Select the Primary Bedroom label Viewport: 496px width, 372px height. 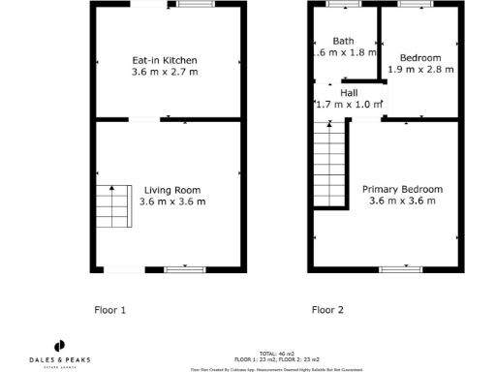pyautogui.click(x=402, y=189)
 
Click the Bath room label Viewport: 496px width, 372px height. pyautogui.click(x=343, y=41)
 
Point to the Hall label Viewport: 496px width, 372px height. pyautogui.click(x=348, y=92)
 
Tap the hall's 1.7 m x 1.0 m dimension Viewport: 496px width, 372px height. pyautogui.click(x=349, y=104)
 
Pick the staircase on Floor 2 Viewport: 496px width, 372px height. pyautogui.click(x=329, y=165)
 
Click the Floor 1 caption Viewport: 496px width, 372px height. pyautogui.click(x=109, y=311)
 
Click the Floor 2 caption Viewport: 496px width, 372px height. pyautogui.click(x=327, y=311)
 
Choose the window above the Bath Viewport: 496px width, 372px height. pyautogui.click(x=342, y=5)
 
